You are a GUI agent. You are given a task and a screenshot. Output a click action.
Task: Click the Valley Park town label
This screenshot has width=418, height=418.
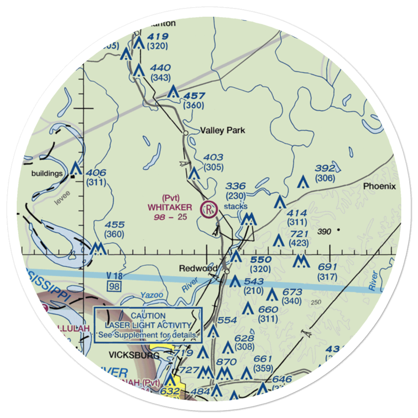point(222,130)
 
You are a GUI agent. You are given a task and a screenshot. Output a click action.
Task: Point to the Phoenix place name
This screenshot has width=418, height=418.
point(379,186)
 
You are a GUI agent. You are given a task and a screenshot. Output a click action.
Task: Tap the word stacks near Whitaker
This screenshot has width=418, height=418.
point(236,206)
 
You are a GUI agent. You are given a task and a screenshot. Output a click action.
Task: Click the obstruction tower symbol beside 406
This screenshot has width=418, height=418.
point(75,169)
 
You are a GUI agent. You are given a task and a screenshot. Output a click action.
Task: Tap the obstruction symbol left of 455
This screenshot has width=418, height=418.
point(98,249)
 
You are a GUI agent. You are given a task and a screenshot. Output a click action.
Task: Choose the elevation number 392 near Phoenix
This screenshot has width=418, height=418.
point(325,168)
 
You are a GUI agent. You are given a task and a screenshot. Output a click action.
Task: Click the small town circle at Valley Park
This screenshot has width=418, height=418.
point(186,133)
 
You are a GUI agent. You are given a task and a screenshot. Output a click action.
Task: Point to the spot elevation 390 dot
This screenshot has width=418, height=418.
point(338,229)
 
